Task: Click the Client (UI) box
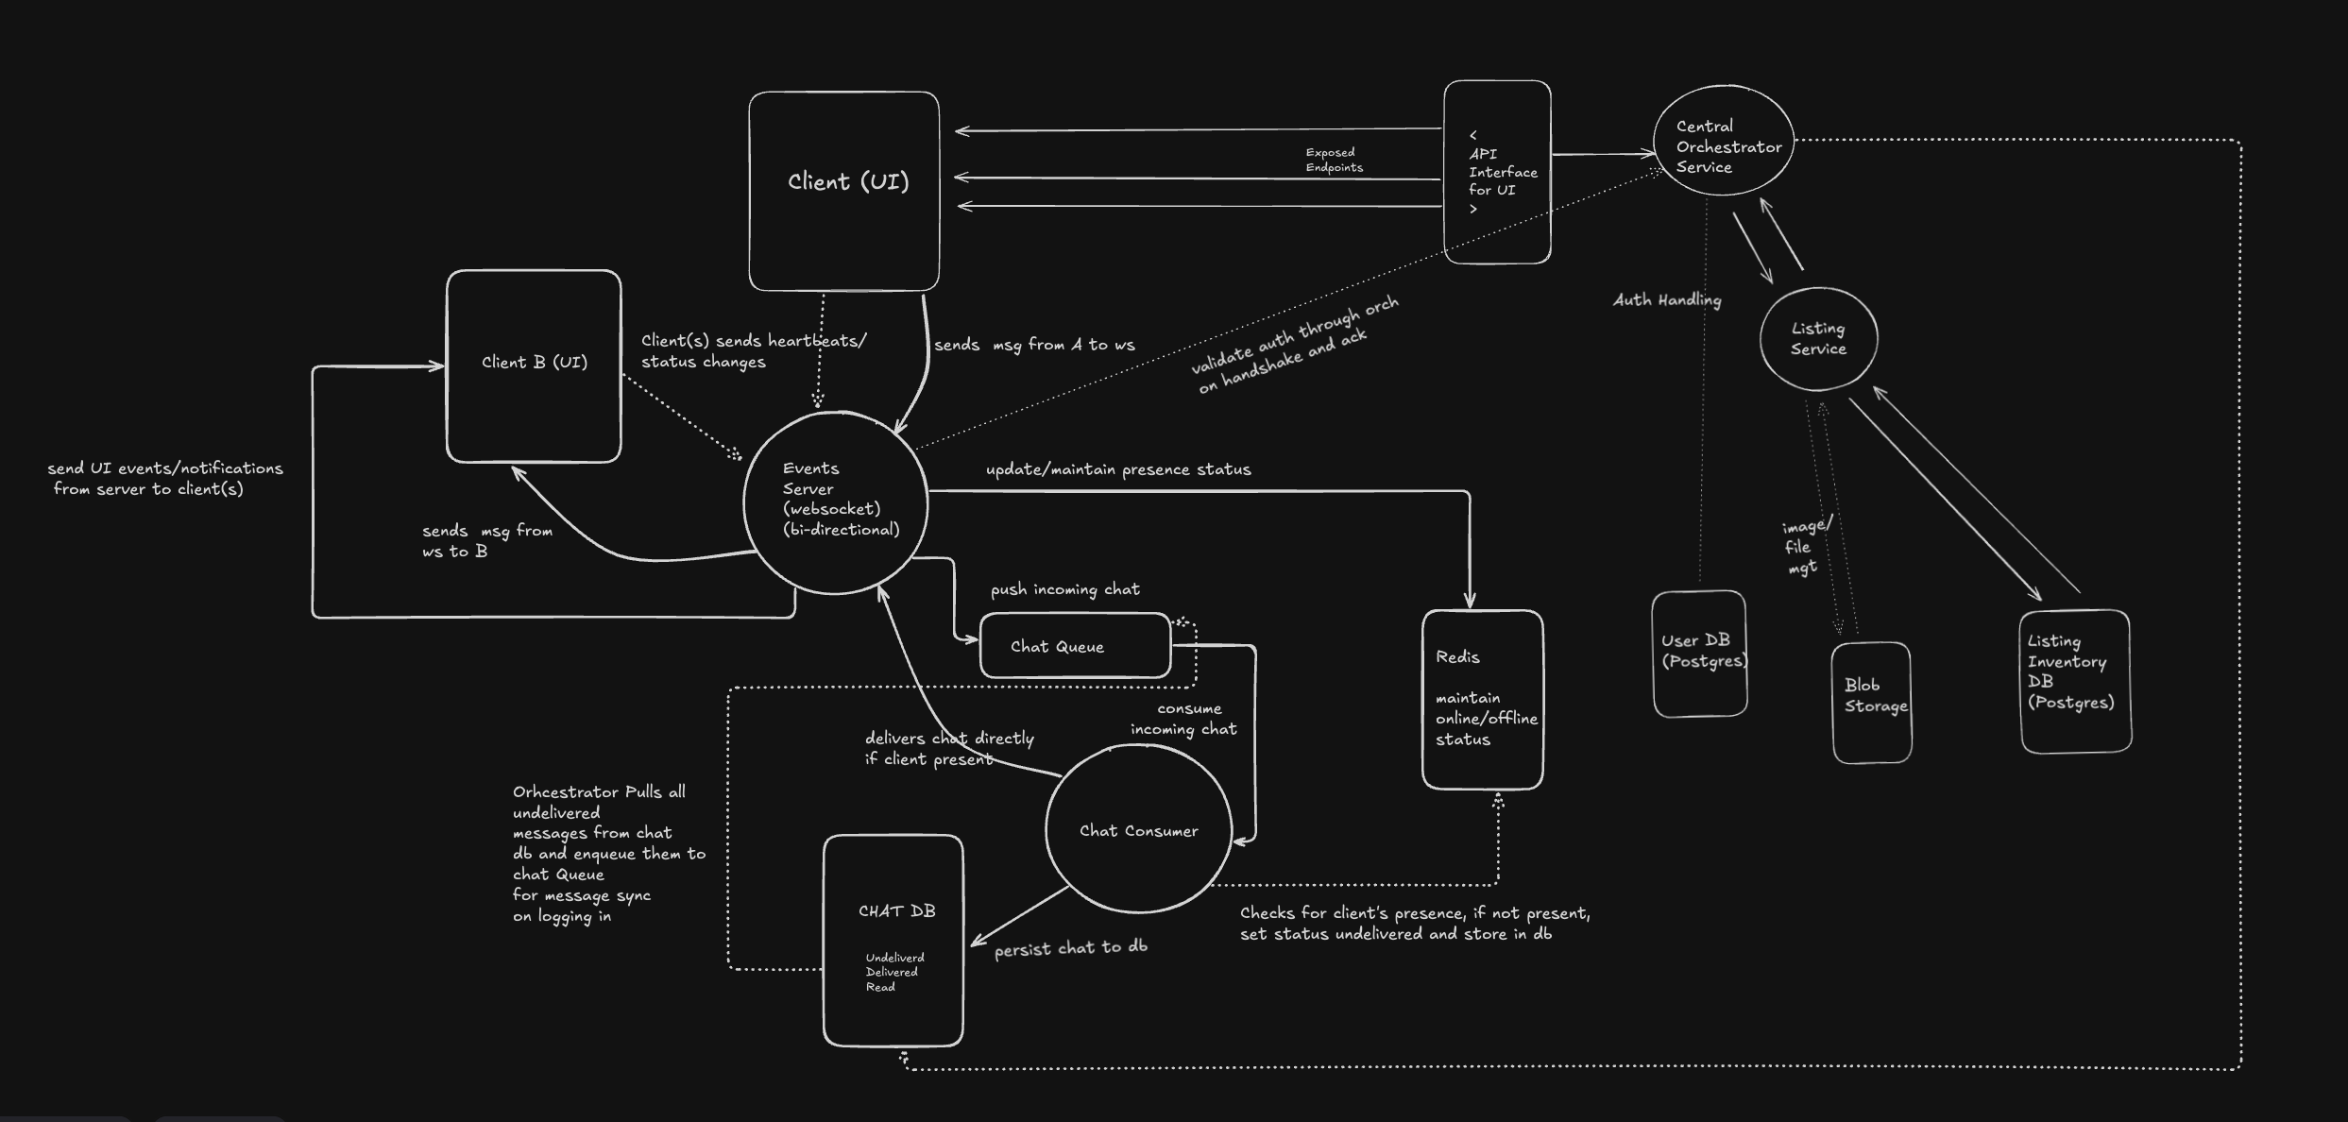843,191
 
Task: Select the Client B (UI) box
534,365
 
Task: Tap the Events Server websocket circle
836,501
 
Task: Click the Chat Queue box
1075,646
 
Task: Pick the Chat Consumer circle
1138,829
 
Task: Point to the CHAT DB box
893,940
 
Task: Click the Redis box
1482,699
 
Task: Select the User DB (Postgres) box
1699,654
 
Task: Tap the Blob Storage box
1871,703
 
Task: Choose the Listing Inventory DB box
2075,681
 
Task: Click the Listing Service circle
1818,338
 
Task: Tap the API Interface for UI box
1497,172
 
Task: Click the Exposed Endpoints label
1334,160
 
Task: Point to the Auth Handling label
1667,300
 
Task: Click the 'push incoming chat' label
1064,589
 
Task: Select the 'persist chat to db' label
1070,948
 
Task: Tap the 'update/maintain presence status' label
1118,469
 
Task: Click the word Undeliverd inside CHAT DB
894,958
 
